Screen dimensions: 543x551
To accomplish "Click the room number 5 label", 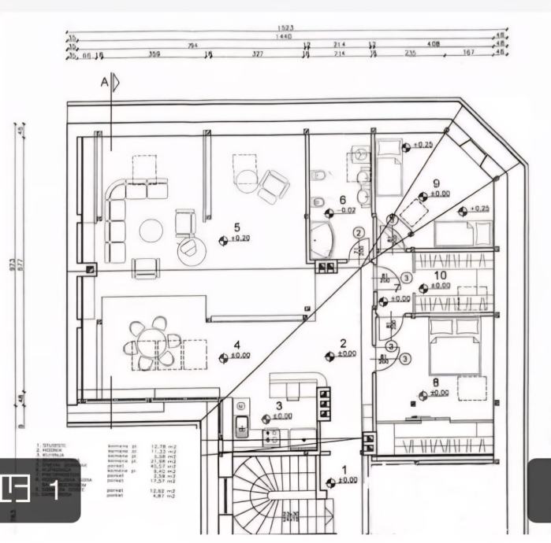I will pos(236,227).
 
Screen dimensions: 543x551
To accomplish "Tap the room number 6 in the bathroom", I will pos(342,201).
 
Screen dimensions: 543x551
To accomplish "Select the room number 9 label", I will pos(436,183).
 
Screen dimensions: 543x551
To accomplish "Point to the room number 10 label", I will pos(441,275).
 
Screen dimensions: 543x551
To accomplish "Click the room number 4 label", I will pos(236,345).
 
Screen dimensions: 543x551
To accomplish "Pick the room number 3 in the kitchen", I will pos(278,405).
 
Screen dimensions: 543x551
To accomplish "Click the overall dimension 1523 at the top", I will pos(285,28).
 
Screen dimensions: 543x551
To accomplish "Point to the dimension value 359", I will pos(155,55).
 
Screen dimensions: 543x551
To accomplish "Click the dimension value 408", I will pos(433,46).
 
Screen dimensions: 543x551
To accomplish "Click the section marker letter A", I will pos(103,82).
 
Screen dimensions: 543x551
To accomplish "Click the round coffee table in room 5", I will pos(151,231).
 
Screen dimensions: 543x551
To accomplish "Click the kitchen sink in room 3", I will pos(242,426).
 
